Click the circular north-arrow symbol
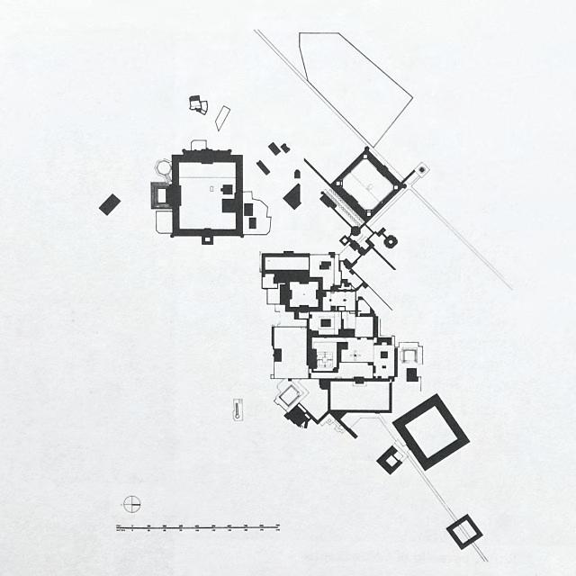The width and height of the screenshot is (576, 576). [131, 503]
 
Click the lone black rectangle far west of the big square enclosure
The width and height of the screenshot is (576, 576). [109, 204]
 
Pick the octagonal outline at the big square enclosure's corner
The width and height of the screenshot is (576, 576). [164, 166]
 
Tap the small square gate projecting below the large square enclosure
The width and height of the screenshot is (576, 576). [207, 237]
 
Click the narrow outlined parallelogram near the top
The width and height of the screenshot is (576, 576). [222, 118]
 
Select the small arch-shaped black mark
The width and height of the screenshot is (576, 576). [297, 173]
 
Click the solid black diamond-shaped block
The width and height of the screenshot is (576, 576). [292, 195]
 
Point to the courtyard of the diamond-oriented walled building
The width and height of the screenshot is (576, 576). [366, 184]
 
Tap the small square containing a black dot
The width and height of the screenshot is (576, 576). [420, 168]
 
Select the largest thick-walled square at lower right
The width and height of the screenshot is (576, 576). [431, 431]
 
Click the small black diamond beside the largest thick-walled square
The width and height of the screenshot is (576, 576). [390, 459]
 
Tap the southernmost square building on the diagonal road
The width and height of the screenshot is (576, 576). [464, 531]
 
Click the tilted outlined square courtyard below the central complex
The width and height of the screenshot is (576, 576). [290, 394]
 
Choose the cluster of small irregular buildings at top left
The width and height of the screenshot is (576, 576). [199, 104]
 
